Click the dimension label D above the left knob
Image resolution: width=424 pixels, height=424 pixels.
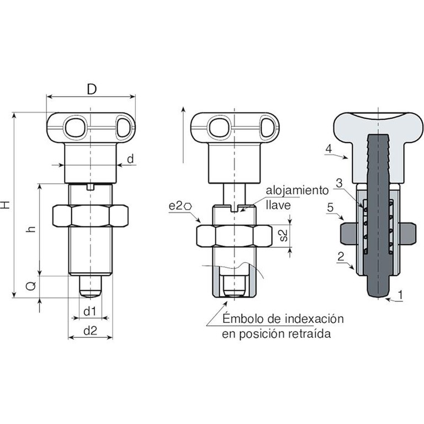(x=92, y=89)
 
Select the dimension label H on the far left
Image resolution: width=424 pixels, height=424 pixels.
(x=6, y=205)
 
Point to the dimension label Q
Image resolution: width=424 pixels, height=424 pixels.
(x=31, y=286)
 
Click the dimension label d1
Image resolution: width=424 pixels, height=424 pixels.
(x=90, y=311)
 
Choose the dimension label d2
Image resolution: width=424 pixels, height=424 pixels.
(x=91, y=331)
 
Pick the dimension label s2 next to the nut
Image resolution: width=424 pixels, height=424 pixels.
(x=283, y=236)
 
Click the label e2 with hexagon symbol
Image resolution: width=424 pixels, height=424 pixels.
(x=181, y=206)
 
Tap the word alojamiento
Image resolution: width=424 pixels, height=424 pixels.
(x=297, y=190)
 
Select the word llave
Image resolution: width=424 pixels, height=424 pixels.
(x=278, y=205)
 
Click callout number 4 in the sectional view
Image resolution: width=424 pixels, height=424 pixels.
(x=328, y=149)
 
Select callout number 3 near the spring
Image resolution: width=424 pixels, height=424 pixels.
(x=339, y=183)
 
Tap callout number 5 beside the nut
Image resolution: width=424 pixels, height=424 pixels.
(x=330, y=208)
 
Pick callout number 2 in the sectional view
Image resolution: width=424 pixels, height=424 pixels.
(x=341, y=256)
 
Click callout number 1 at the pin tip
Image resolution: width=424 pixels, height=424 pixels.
(x=400, y=295)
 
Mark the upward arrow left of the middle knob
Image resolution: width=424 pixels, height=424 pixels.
(x=183, y=135)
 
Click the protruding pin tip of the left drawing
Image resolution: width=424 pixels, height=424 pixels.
(x=91, y=287)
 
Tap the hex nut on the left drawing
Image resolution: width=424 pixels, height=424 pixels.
(x=91, y=216)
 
